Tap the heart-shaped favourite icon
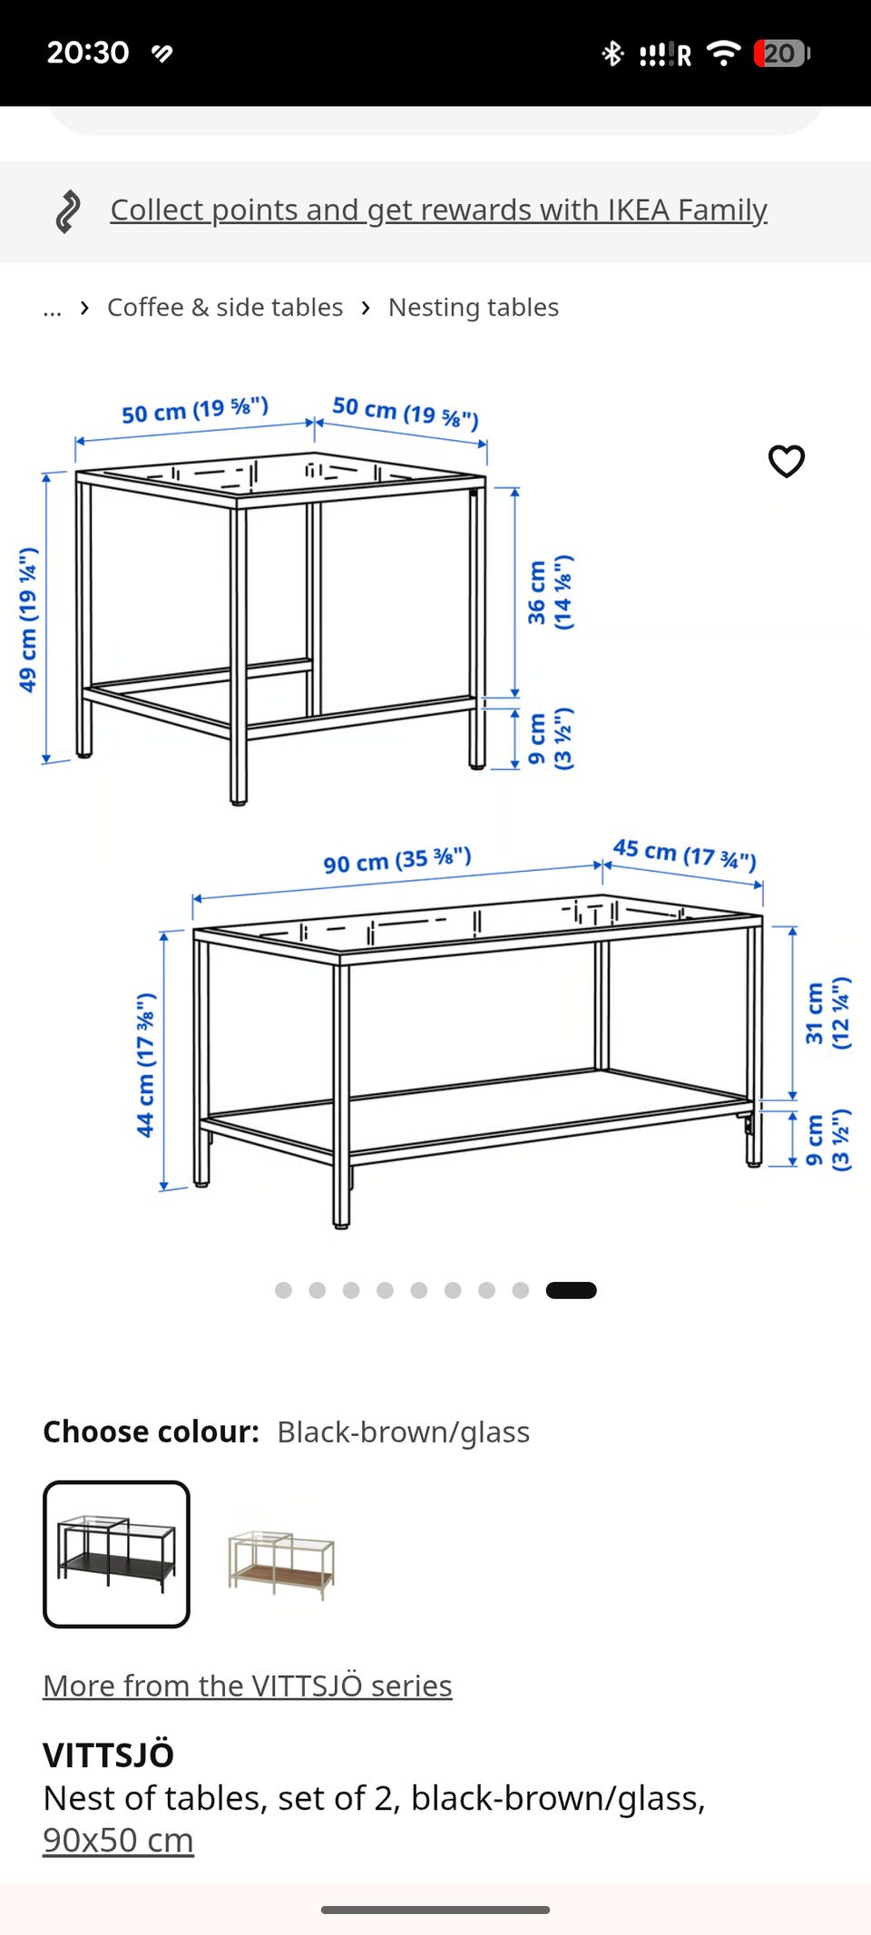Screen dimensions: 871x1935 pos(787,461)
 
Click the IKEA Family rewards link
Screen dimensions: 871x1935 pos(438,210)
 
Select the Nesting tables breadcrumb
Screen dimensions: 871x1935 pos(473,308)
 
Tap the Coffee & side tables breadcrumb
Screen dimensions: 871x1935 pos(225,308)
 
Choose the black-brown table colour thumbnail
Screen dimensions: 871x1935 pos(116,1554)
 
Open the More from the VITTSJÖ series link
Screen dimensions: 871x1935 pos(247,1686)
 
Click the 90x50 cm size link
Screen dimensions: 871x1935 pos(118,1840)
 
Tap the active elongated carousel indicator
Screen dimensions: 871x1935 pos(571,1290)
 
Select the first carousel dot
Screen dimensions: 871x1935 pos(283,1290)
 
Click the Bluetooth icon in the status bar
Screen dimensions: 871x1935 pos(612,54)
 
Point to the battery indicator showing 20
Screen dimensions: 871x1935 pos(781,54)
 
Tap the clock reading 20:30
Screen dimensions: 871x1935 pos(88,53)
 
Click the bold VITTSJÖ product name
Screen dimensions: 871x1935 pos(108,1754)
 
